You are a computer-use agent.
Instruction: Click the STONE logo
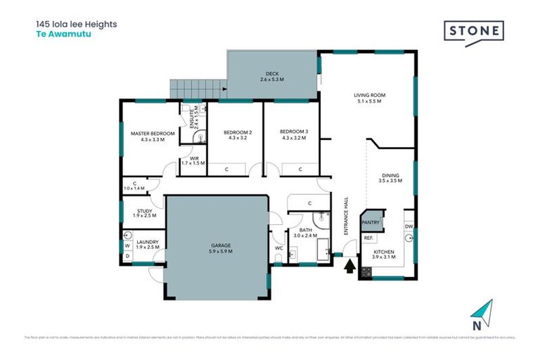474,32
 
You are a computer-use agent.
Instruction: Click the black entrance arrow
349,266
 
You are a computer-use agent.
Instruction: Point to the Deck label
271,77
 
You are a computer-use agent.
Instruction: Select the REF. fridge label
368,238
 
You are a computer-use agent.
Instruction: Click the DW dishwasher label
409,226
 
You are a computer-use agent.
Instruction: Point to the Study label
143,212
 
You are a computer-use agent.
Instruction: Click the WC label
279,247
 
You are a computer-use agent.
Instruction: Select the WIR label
192,160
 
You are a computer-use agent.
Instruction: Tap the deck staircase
195,89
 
